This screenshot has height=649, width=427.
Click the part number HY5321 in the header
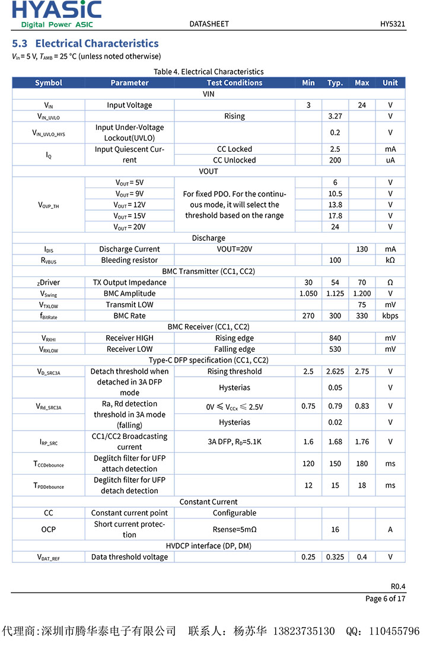point(393,24)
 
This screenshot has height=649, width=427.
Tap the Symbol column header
point(49,82)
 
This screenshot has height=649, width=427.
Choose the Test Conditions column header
point(234,82)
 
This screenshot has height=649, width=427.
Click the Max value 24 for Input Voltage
point(362,105)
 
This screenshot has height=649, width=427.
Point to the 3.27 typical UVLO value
point(335,116)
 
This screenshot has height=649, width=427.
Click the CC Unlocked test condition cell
point(234,160)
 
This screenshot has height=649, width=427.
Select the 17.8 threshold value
point(335,216)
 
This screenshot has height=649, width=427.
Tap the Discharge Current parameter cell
point(129,249)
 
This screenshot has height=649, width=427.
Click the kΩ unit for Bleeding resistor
point(390,260)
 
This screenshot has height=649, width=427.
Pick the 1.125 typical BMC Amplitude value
point(335,294)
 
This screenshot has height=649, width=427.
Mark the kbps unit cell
point(390,316)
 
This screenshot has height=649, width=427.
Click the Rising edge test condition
point(234,338)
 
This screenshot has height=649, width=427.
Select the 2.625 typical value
point(335,371)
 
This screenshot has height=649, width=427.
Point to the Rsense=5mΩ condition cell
point(234,529)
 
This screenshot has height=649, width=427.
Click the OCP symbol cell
point(49,529)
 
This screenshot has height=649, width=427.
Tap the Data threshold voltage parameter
point(129,557)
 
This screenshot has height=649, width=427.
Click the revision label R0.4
point(398,586)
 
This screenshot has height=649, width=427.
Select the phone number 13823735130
point(303,631)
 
